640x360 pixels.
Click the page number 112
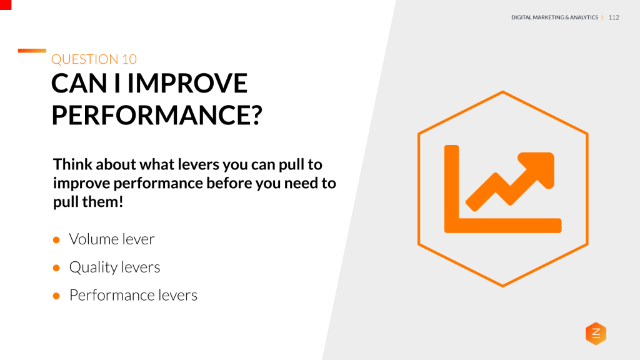[x=614, y=17]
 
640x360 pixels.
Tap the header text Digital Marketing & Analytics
[x=555, y=17]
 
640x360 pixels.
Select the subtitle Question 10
[x=94, y=59]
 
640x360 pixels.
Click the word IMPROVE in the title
[x=187, y=83]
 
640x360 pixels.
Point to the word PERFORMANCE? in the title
[x=157, y=115]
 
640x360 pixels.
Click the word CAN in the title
[x=79, y=83]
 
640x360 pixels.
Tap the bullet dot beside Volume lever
[x=56, y=240]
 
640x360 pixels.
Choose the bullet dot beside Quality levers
[x=56, y=268]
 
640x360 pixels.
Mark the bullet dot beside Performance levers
[x=56, y=296]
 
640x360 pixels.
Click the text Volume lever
[x=112, y=239]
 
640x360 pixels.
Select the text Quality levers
[x=115, y=267]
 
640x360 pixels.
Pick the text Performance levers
[x=134, y=295]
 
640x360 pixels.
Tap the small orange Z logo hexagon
[x=596, y=334]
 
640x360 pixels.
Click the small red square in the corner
[x=6, y=5]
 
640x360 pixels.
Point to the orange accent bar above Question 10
[x=32, y=51]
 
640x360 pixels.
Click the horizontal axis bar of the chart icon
[x=503, y=226]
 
